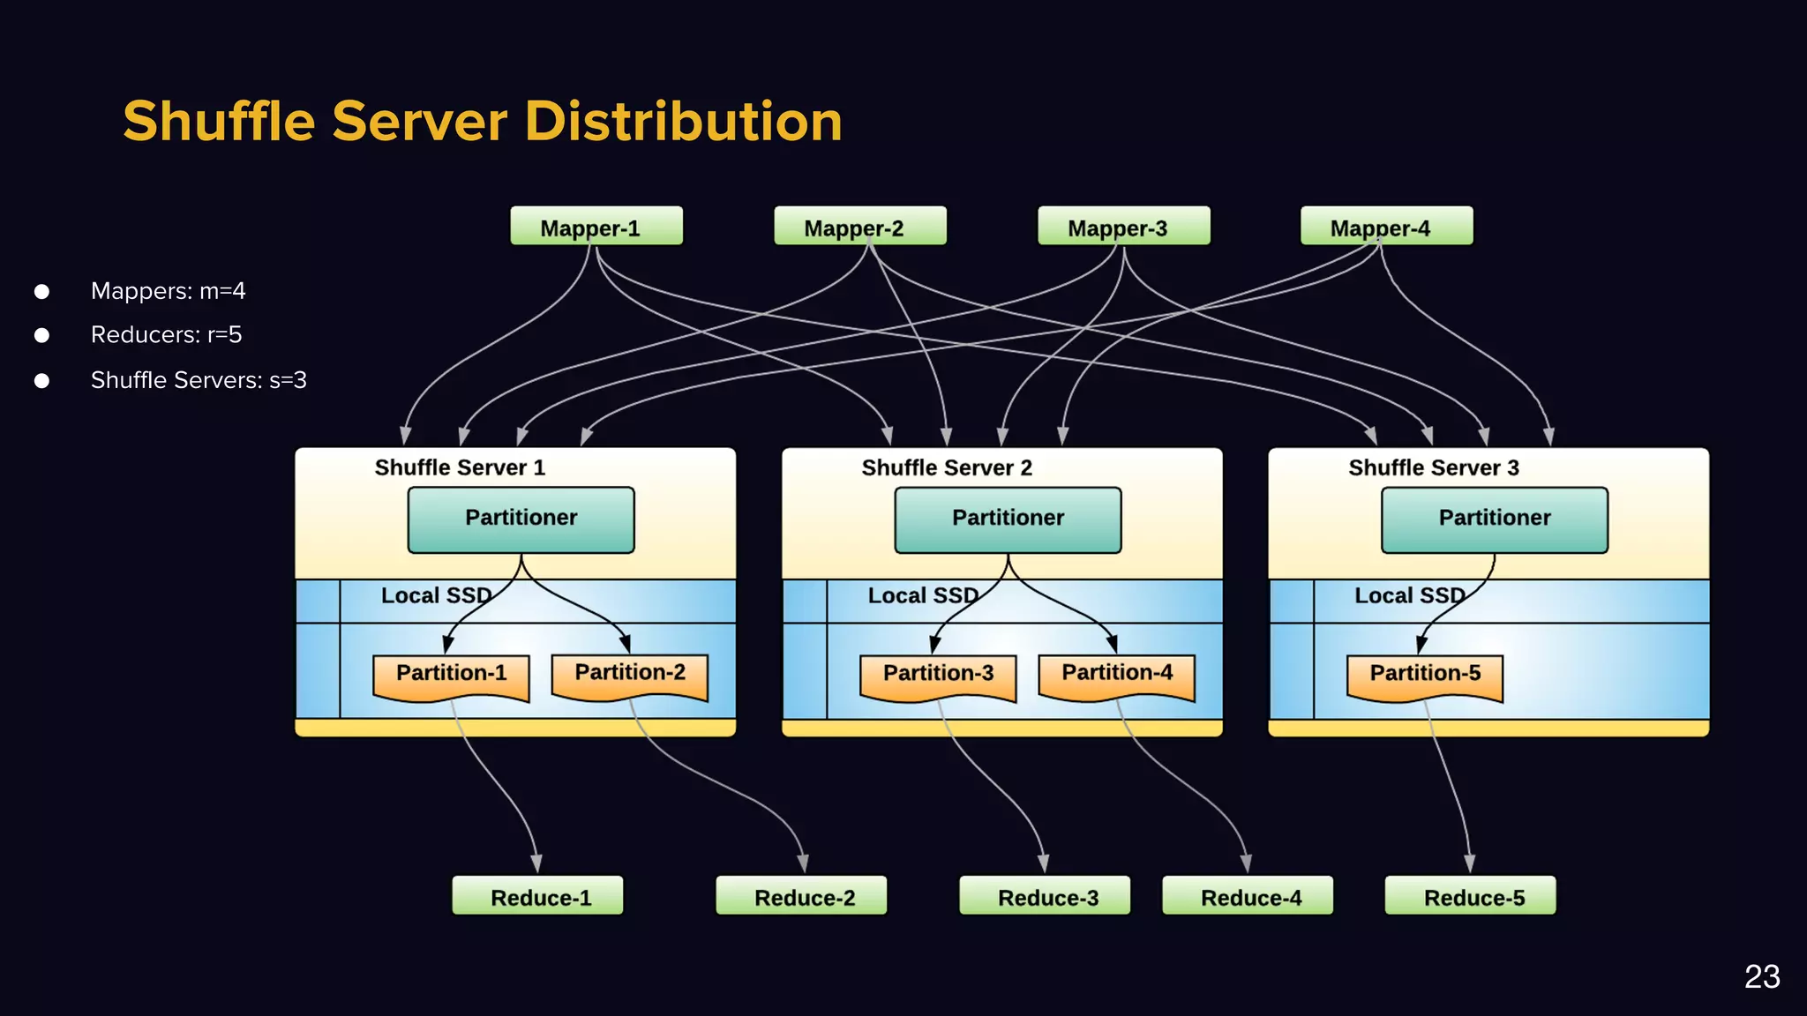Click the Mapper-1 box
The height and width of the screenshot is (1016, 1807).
(596, 227)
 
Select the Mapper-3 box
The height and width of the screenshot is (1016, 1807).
(1123, 227)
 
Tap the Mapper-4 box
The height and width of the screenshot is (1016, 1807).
(1386, 227)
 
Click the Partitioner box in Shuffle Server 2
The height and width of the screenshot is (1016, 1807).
(1008, 519)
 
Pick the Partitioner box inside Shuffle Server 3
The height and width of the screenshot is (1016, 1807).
(1494, 519)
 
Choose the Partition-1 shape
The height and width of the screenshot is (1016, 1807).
(451, 675)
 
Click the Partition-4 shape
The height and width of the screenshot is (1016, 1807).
(1116, 675)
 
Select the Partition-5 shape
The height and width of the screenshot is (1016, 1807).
(1424, 675)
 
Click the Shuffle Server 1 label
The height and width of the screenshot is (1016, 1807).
(460, 467)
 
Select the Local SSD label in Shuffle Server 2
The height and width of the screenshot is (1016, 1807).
(923, 596)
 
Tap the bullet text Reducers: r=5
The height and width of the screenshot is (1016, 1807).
(166, 335)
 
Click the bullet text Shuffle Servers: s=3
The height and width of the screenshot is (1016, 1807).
(199, 380)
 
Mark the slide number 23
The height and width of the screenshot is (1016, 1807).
(1761, 976)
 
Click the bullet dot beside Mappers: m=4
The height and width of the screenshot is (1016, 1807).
(41, 291)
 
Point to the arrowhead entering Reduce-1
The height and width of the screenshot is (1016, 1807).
(536, 863)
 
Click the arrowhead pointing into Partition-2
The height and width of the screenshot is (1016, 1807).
(625, 645)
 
